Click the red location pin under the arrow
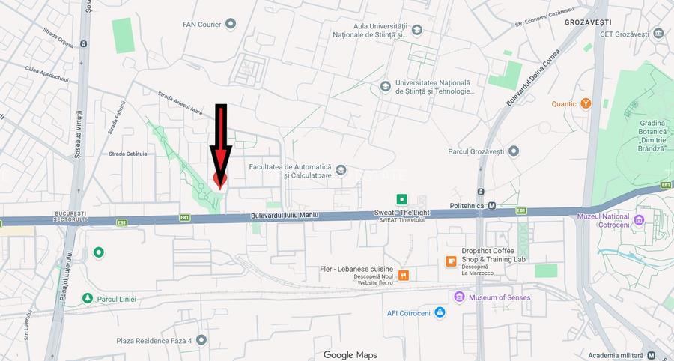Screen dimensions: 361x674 (x=219, y=180)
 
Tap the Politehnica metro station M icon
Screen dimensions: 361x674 (x=492, y=205)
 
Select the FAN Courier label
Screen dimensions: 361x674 (x=202, y=24)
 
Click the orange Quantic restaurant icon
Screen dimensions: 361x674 (x=586, y=103)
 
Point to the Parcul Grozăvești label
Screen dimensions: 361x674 (x=476, y=151)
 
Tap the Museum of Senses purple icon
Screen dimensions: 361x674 (x=460, y=297)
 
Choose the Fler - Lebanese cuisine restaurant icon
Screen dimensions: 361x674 (x=404, y=275)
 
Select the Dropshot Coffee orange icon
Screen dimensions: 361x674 (x=451, y=261)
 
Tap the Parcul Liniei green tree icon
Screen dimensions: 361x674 (x=88, y=299)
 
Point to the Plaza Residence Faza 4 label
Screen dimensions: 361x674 (x=154, y=340)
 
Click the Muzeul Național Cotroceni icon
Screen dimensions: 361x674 (x=639, y=220)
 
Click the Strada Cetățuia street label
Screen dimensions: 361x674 (x=128, y=154)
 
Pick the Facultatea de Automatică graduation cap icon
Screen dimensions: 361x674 (x=341, y=170)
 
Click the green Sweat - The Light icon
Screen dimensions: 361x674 (x=402, y=199)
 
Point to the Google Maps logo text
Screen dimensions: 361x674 (x=350, y=354)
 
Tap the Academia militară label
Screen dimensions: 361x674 (x=616, y=355)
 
